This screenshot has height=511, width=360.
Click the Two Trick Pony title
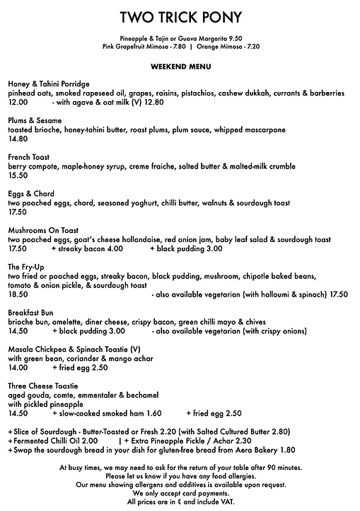pyautogui.click(x=180, y=17)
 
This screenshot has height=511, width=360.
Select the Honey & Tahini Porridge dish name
pyautogui.click(x=48, y=84)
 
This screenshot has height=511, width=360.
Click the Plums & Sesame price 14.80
pyautogui.click(x=18, y=139)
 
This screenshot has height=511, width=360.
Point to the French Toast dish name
pyautogui.click(x=27, y=157)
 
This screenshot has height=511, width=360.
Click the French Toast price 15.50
pyautogui.click(x=18, y=176)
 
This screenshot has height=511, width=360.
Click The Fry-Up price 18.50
pyautogui.click(x=18, y=294)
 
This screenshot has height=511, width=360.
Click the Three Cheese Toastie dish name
pyautogui.click(x=42, y=386)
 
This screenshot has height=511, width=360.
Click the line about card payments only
pyautogui.click(x=180, y=494)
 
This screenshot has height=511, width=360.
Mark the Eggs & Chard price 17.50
pyautogui.click(x=18, y=212)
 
